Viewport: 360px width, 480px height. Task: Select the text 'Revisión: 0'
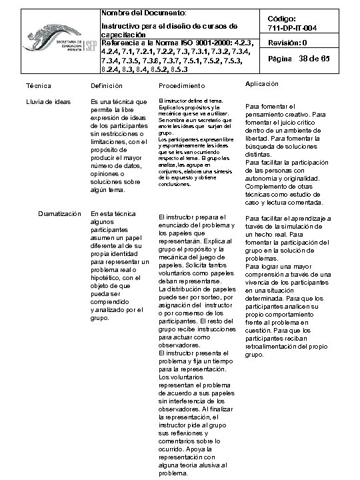coord(287,43)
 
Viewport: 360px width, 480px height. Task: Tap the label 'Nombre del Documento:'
coord(139,13)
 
